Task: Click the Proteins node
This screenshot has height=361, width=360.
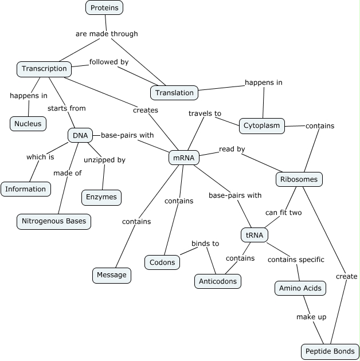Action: click(104, 7)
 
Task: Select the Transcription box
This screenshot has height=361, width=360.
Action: click(44, 69)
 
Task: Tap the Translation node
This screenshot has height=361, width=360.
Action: click(175, 92)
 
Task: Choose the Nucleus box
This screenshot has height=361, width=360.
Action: click(28, 123)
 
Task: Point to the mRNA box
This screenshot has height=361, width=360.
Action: click(183, 158)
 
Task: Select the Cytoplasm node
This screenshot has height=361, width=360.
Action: click(261, 125)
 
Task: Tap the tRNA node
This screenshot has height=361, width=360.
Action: click(254, 235)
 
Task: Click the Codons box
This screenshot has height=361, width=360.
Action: click(162, 262)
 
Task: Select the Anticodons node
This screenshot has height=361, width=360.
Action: click(218, 281)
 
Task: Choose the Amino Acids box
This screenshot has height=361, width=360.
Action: click(300, 288)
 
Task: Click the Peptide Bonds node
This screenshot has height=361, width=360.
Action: click(330, 351)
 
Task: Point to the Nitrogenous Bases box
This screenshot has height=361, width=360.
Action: click(54, 221)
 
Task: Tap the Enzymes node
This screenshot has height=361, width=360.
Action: click(101, 197)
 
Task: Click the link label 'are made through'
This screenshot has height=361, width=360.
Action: click(107, 34)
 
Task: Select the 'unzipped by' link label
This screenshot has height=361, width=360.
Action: click(104, 160)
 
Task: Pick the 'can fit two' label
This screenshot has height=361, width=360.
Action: click(283, 213)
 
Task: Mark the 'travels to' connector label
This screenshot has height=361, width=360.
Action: click(205, 113)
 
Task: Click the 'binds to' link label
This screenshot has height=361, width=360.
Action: click(205, 244)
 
